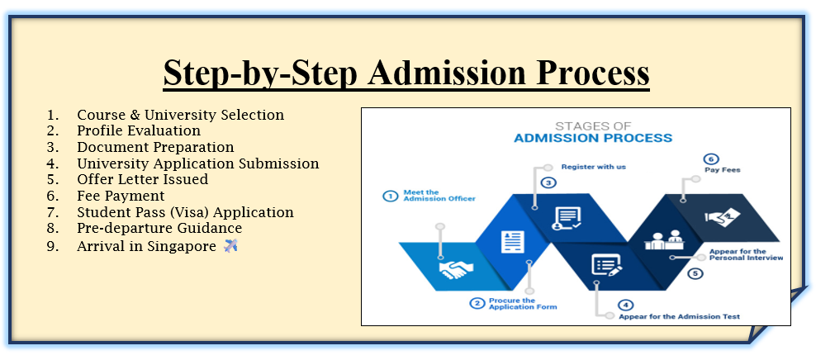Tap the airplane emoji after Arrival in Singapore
pyautogui.click(x=230, y=245)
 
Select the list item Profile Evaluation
pyautogui.click(x=139, y=130)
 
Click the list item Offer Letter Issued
pyautogui.click(x=143, y=179)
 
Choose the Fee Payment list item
pyautogui.click(x=121, y=197)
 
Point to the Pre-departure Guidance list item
pyautogui.click(x=159, y=229)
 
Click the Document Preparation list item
pyautogui.click(x=155, y=147)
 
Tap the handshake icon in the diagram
pyautogui.click(x=457, y=269)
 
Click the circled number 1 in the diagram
pyautogui.click(x=390, y=197)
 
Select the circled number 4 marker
pyautogui.click(x=626, y=305)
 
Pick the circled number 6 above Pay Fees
pyautogui.click(x=711, y=159)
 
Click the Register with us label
pyautogui.click(x=593, y=167)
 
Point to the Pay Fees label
pyautogui.click(x=723, y=169)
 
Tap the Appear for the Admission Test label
pyautogui.click(x=679, y=316)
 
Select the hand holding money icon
pyautogui.click(x=723, y=217)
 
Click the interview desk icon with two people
pyautogui.click(x=663, y=240)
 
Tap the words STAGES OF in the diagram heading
pyautogui.click(x=593, y=126)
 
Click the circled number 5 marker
pyautogui.click(x=695, y=273)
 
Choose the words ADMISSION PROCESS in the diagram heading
pyautogui.click(x=593, y=139)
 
